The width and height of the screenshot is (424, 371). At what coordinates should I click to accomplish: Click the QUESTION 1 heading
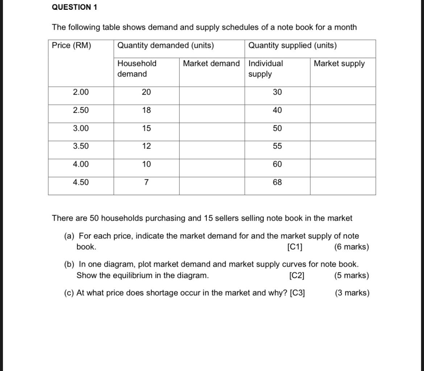click(75, 7)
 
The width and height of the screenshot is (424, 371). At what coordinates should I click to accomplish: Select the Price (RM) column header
click(72, 46)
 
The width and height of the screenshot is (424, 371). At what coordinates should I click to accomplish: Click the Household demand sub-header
click(137, 68)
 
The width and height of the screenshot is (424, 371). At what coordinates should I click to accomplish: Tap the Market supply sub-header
click(339, 64)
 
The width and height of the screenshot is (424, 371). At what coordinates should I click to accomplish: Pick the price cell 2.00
click(80, 92)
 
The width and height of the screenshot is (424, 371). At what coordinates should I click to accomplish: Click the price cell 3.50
click(80, 146)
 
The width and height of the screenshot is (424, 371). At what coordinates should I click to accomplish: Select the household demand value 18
click(146, 111)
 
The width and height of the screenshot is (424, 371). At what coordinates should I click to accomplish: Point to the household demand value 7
click(146, 183)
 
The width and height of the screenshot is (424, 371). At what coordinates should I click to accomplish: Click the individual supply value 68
click(277, 183)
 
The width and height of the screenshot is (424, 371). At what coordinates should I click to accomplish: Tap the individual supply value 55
click(277, 146)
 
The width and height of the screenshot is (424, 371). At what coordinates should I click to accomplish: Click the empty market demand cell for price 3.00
click(212, 129)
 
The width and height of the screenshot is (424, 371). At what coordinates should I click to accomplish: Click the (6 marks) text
click(352, 247)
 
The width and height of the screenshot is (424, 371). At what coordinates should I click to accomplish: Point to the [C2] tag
click(297, 276)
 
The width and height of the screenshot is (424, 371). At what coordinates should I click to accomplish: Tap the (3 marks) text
click(352, 293)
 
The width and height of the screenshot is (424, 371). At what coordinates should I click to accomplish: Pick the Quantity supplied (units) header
click(292, 46)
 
